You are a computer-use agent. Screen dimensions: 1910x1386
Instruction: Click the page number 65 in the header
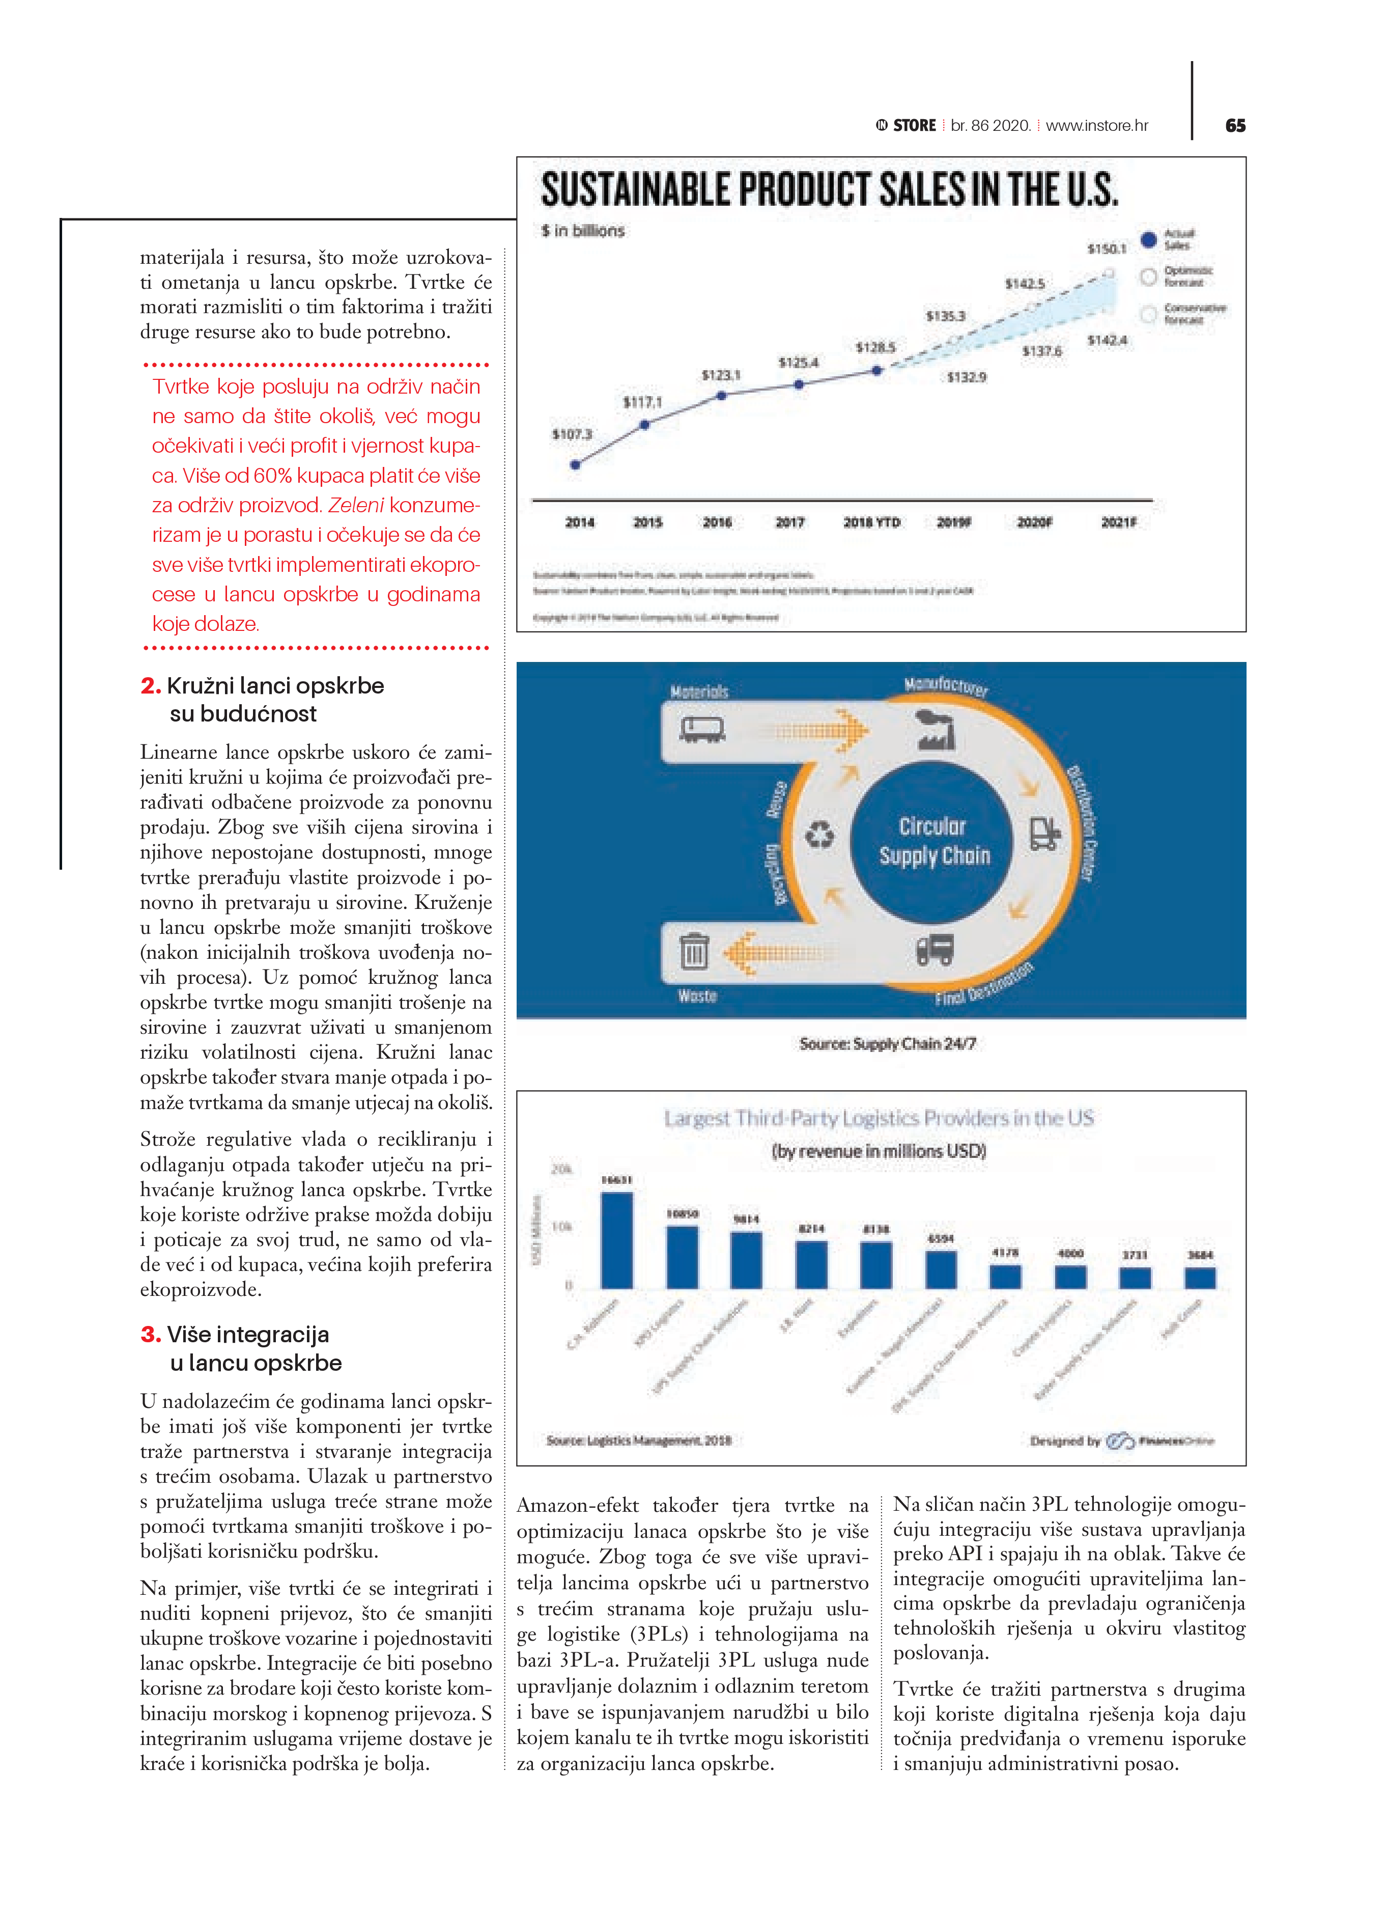pos(1234,125)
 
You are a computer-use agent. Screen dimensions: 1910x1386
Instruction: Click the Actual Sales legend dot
pos(1148,239)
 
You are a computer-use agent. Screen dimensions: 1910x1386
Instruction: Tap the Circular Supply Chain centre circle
pos(933,841)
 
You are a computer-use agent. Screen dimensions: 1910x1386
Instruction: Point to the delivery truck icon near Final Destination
pos(935,950)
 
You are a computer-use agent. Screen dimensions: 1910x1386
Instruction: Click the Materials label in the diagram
pos(699,691)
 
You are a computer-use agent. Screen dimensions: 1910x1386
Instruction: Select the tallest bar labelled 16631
pos(616,1240)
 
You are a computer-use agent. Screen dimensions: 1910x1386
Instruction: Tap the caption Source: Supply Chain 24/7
pos(888,1043)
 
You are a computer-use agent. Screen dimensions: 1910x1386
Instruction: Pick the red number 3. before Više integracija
pos(151,1335)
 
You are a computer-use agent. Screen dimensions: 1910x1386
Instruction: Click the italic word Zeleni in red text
pos(355,505)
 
